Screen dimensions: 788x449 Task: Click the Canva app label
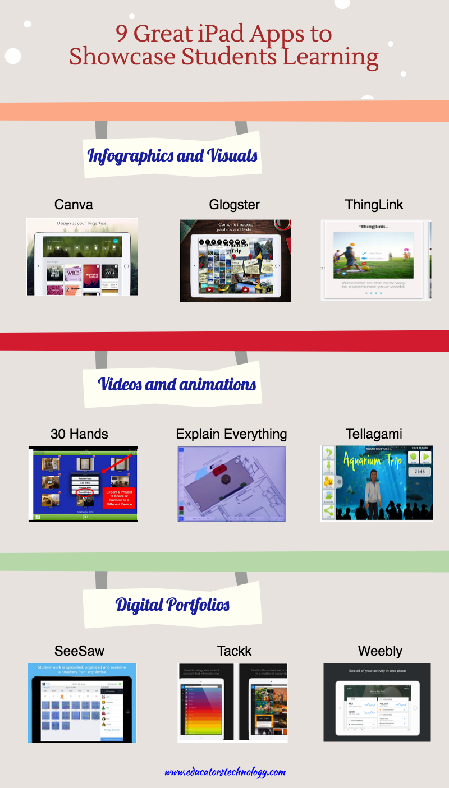[x=74, y=205]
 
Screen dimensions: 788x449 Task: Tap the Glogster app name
[x=234, y=205]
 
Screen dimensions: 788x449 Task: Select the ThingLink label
[x=374, y=205]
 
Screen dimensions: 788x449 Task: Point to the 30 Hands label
[x=79, y=434]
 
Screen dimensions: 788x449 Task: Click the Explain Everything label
[x=231, y=434]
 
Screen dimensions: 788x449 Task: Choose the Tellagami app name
[x=374, y=434]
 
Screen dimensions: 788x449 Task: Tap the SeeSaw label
[x=79, y=651]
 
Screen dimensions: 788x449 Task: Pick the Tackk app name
[x=234, y=651]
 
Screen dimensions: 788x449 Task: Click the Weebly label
[x=380, y=651]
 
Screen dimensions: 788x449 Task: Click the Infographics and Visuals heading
[x=172, y=155]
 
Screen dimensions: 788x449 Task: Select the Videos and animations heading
[x=177, y=384]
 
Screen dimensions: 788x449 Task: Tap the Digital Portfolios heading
[x=172, y=605]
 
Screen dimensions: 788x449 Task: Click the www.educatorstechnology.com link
[x=225, y=772]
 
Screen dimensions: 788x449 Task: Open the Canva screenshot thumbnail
[x=81, y=257]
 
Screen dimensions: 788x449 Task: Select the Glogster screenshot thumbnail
[x=235, y=260]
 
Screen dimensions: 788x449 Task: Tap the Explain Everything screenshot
[x=231, y=483]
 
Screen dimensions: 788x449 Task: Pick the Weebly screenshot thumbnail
[x=377, y=702]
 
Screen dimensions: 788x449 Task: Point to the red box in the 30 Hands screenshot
[x=118, y=497]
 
